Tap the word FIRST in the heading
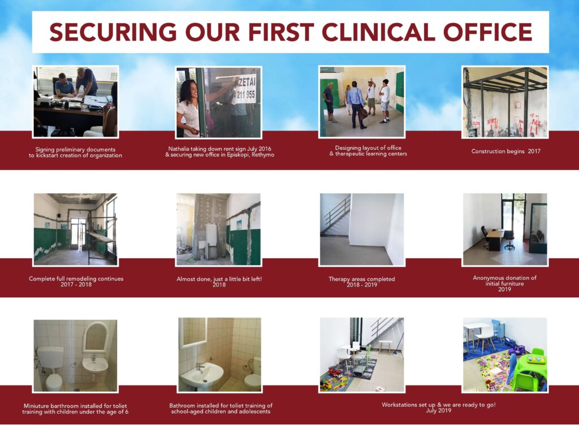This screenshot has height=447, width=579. point(280,32)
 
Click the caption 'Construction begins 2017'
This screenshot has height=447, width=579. point(505,151)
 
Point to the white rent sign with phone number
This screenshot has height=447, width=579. point(244,89)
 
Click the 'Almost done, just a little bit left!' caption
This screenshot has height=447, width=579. point(219,279)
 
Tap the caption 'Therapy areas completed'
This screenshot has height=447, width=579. point(361,279)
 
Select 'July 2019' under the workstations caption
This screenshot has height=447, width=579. point(438,410)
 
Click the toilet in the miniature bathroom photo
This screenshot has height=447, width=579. point(51,368)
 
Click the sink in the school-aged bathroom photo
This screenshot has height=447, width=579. point(201,375)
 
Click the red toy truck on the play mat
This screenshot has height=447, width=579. point(335,371)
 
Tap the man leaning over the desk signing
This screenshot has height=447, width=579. point(87,81)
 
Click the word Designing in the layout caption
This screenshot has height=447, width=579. point(348,148)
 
